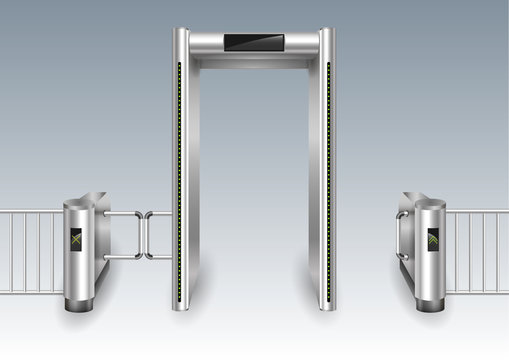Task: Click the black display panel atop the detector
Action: coord(254,43)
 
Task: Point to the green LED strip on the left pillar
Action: coord(178,180)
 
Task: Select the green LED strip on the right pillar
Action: coord(329,180)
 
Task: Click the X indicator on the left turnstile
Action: coord(76,239)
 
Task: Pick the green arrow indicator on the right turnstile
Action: coord(433,239)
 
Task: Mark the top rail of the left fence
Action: coord(30,213)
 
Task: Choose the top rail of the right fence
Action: coord(477,212)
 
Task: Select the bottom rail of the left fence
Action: coord(30,291)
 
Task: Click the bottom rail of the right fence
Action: coord(477,291)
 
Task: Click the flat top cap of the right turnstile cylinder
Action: coord(430,203)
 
